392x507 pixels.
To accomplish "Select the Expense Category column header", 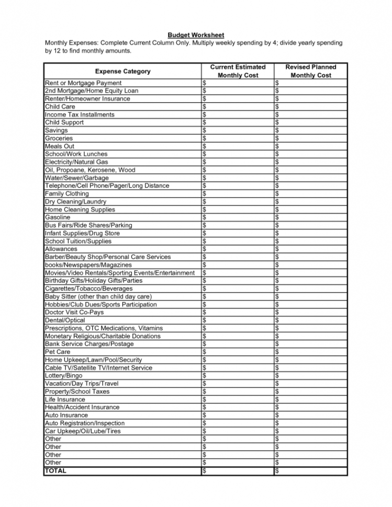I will tap(122, 71).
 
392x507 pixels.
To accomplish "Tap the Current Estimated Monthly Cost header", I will tap(238, 71).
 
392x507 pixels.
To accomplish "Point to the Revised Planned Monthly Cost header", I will tap(311, 71).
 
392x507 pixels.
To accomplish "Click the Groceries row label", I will tap(59, 139).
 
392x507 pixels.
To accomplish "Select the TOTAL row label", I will tap(56, 470).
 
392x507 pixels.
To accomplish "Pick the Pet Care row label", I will tap(58, 352).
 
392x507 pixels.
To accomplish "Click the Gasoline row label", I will tap(58, 217).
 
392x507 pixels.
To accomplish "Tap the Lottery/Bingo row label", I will tap(64, 375).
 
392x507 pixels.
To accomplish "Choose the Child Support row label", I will tap(64, 122).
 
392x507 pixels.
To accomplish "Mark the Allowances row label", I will tap(61, 249).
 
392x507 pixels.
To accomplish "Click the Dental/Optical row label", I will tap(65, 320).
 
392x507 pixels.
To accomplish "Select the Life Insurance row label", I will tap(65, 399).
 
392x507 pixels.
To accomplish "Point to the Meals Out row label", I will tap(60, 146).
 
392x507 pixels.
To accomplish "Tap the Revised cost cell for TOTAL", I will tap(310, 470).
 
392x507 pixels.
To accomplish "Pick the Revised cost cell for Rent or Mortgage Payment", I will tap(310, 83).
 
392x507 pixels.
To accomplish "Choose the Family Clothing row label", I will tap(67, 193).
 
